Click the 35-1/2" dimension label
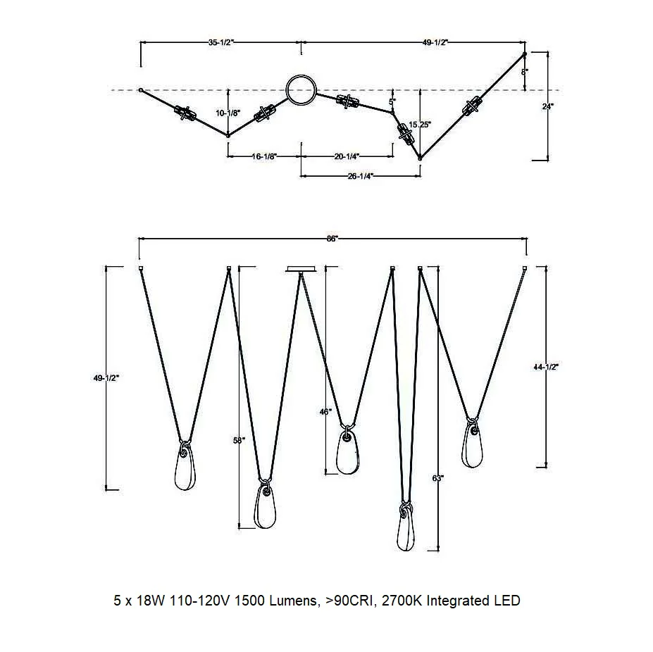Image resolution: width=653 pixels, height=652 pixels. pos(220,42)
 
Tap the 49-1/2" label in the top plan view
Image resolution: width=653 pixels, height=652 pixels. pos(435,42)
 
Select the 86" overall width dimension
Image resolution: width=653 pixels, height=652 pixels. pos(332,239)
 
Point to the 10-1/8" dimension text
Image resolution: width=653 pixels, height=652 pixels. pos(228,113)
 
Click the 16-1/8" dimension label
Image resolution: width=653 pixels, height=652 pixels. pos(264,156)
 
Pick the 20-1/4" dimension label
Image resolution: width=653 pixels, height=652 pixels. pos(347,156)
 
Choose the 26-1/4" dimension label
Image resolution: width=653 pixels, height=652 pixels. pos(360,176)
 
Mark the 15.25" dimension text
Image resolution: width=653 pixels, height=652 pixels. pos(420,124)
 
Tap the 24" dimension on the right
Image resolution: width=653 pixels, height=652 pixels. pos(548,106)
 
